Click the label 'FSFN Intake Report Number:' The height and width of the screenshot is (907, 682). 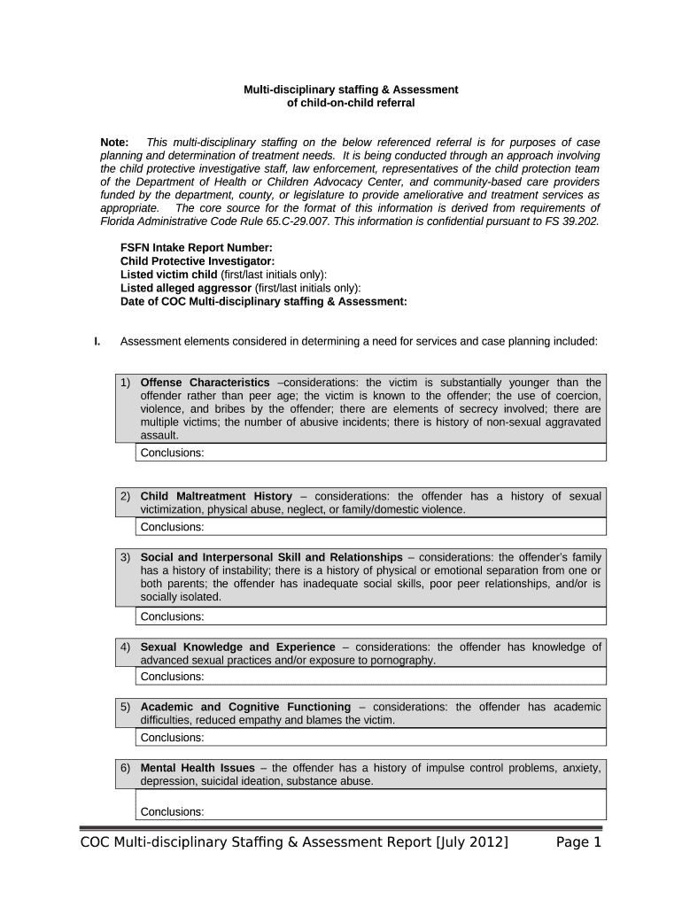(196, 249)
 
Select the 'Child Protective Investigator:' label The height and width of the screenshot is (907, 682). (197, 261)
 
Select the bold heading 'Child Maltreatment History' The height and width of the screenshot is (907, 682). (216, 496)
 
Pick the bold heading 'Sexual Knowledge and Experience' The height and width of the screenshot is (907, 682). (237, 647)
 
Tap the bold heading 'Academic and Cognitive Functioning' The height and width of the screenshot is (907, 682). (245, 707)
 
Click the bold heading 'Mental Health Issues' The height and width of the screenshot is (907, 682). (198, 767)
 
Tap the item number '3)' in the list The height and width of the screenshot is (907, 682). (126, 557)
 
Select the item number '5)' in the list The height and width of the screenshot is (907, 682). (126, 707)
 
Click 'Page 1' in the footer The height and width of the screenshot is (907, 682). (578, 842)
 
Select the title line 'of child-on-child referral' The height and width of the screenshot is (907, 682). (352, 103)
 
